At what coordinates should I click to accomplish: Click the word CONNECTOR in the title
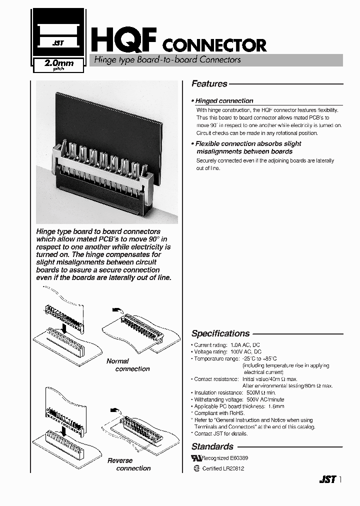(x=215, y=45)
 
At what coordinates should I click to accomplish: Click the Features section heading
(x=209, y=84)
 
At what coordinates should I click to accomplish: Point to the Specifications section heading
(x=220, y=333)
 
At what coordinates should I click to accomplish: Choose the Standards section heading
(x=212, y=446)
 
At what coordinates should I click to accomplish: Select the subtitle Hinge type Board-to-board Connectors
(x=165, y=59)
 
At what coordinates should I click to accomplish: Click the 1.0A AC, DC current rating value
(x=245, y=345)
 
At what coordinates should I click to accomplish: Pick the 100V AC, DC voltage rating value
(x=245, y=352)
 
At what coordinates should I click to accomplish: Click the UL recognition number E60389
(x=232, y=458)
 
